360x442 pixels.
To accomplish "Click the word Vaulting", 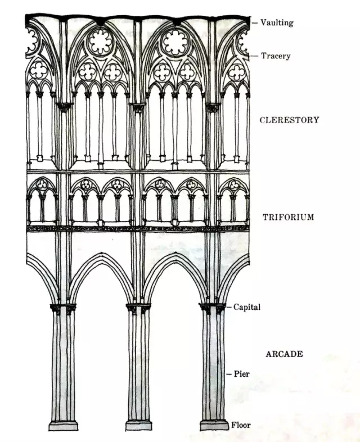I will (277, 23).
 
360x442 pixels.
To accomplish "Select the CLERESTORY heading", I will (289, 120).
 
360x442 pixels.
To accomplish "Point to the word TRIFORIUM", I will (288, 217).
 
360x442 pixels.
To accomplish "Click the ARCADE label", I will (284, 354).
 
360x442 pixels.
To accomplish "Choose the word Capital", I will (247, 308).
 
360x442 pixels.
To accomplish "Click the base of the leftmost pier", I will (63, 425).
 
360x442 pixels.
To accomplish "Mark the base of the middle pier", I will (138, 425).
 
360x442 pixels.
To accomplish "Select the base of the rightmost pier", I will (214, 425).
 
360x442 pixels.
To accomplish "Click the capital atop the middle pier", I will (138, 308).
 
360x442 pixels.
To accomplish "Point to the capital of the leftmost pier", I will (63, 308).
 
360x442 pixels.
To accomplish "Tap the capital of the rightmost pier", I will (214, 308).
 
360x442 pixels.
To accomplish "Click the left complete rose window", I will (101, 42).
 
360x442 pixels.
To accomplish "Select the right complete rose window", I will (175, 42).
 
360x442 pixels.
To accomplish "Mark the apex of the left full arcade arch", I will (101, 254).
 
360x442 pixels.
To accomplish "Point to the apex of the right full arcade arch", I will (175, 254).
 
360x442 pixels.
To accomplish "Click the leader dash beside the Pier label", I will (228, 373).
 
